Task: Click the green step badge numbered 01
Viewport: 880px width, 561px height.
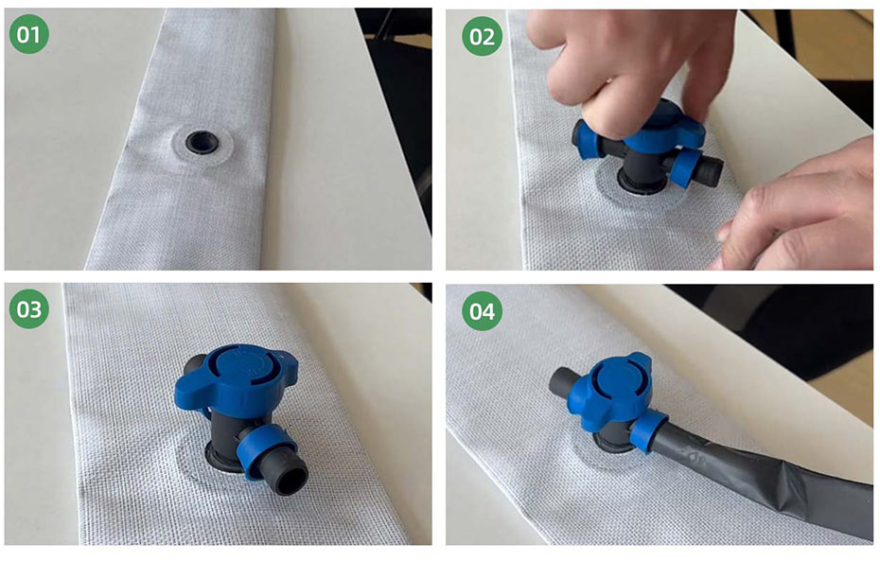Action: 28,34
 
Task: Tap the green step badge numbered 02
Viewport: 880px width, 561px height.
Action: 482,36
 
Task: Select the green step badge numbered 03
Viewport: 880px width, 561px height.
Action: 28,308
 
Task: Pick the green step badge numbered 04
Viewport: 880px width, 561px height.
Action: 482,310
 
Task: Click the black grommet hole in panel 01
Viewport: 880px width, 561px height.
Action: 202,141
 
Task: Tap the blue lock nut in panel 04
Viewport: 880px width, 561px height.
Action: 647,431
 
